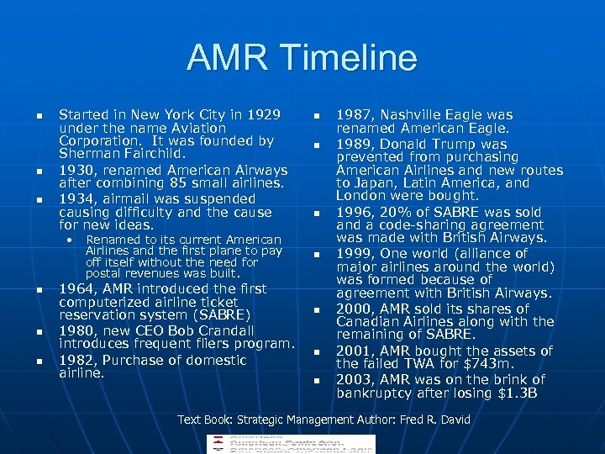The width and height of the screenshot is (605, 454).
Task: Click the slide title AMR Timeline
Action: [302, 58]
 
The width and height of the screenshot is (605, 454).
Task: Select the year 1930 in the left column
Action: [73, 171]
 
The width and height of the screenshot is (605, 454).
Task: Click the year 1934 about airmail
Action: [73, 199]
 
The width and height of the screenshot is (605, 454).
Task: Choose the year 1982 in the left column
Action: [73, 360]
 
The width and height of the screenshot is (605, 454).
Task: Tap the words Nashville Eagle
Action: [427, 114]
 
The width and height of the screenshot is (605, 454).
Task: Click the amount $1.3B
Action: [518, 393]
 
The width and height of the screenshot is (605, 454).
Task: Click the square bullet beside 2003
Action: [317, 381]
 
